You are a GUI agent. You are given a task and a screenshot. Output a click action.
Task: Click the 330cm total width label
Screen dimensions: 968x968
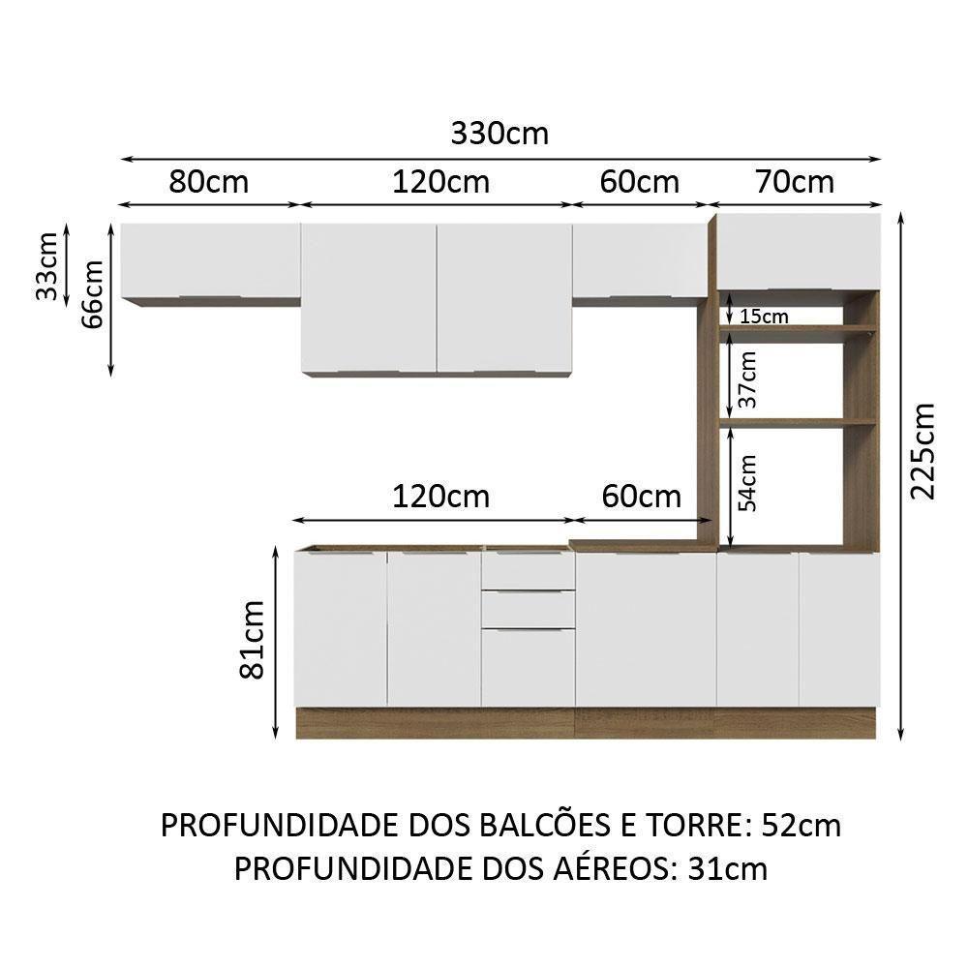point(499,134)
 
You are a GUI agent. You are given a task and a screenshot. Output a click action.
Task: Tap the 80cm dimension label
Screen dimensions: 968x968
point(208,181)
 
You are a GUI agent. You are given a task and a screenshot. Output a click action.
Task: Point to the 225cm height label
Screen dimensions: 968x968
point(923,449)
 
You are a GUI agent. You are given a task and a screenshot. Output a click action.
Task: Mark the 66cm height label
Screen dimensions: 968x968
point(93,295)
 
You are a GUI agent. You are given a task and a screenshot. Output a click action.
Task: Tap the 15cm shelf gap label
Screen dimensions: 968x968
point(763,317)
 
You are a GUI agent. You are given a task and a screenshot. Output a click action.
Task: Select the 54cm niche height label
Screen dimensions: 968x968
point(747,481)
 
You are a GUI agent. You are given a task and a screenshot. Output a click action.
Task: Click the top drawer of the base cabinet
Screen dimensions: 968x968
point(528,570)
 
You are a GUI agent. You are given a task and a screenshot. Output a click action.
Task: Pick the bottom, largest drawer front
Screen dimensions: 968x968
point(528,668)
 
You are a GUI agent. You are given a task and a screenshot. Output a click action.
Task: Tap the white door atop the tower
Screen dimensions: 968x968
point(799,251)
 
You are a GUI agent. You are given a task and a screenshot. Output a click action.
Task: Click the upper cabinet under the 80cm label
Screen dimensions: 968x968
point(210,259)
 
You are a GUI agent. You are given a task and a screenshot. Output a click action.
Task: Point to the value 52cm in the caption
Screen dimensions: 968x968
point(801,826)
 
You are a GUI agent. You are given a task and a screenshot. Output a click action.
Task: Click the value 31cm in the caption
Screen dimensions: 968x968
point(727,868)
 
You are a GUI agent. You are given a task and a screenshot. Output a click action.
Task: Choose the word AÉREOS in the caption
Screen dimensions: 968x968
point(597,868)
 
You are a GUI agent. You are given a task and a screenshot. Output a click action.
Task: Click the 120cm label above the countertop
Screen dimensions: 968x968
point(440,497)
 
